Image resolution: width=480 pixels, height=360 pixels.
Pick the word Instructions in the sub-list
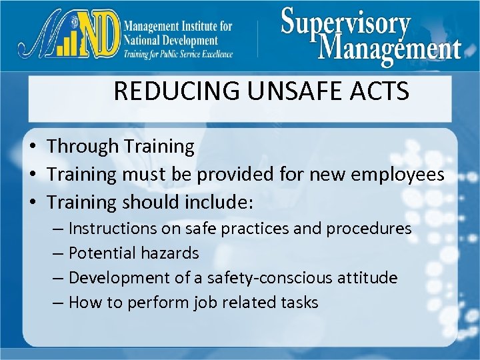[x=112, y=229]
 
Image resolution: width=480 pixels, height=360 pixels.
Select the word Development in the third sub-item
[x=115, y=277]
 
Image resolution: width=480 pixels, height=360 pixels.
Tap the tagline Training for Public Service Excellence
[x=178, y=54]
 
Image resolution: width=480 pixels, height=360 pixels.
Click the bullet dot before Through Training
[x=32, y=147]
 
